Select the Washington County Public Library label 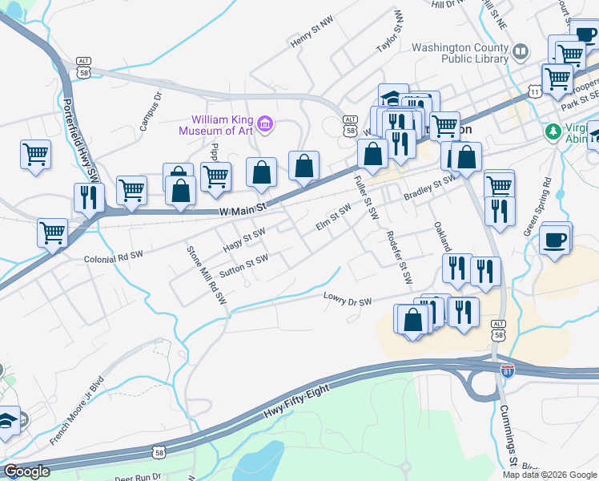pyautogui.click(x=460, y=53)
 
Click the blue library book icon pyautogui.click(x=521, y=52)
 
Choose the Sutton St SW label pyautogui.click(x=243, y=265)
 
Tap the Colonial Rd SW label pyautogui.click(x=113, y=259)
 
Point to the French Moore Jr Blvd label pyautogui.click(x=77, y=410)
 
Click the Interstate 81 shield pyautogui.click(x=507, y=370)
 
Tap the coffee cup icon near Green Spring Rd pyautogui.click(x=556, y=238)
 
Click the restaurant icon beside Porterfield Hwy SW pyautogui.click(x=89, y=196)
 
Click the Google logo pyautogui.click(x=27, y=471)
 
